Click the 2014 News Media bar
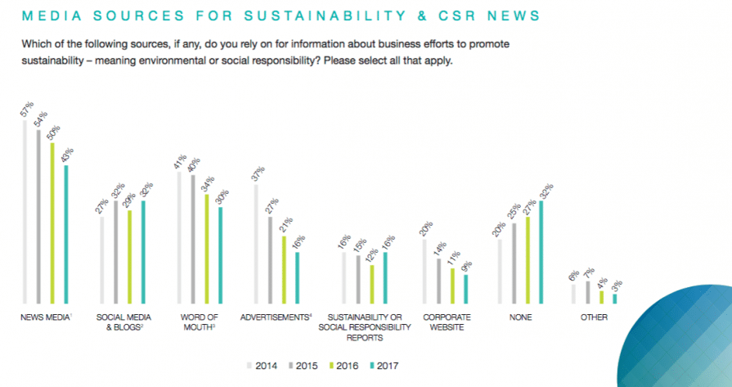(x=25, y=213)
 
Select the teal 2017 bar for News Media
(x=67, y=234)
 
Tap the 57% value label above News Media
(x=25, y=110)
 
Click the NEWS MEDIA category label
(x=45, y=317)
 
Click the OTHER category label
(x=594, y=317)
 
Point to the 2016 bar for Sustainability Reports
(x=372, y=284)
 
